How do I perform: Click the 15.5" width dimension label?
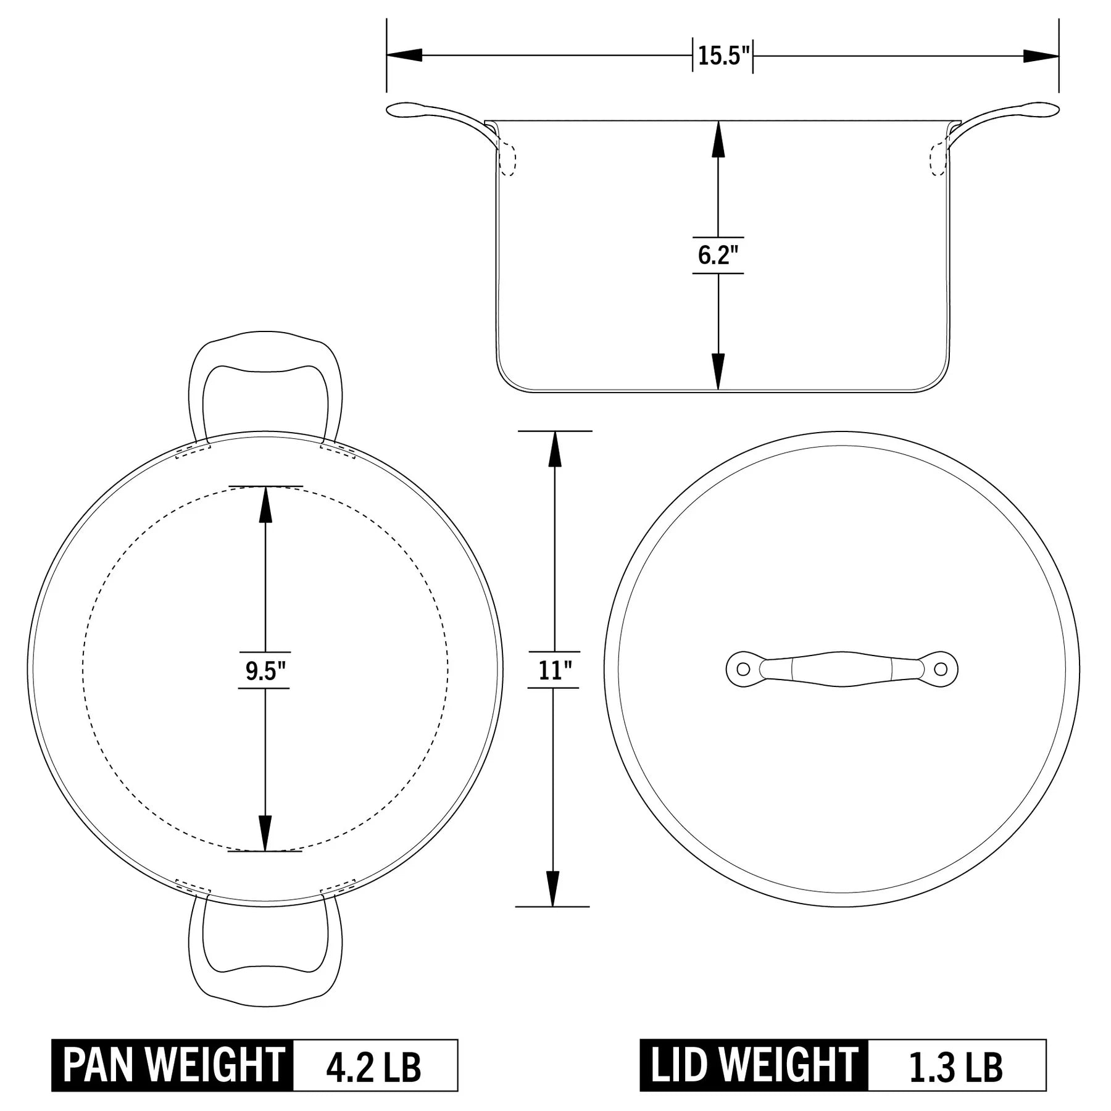coord(723,56)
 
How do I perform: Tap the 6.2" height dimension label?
coord(718,255)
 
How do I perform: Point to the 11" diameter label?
coord(554,670)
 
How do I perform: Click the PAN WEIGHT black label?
coord(173,1065)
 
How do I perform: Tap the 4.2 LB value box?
coord(374,1065)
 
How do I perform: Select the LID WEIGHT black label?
coord(754,1065)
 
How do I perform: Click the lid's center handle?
coord(842,668)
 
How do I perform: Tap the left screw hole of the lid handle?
coord(743,668)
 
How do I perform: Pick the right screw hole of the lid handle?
coord(940,668)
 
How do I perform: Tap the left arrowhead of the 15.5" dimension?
coord(404,56)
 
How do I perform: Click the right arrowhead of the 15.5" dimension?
coord(1041,56)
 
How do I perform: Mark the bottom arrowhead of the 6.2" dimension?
coord(718,372)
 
